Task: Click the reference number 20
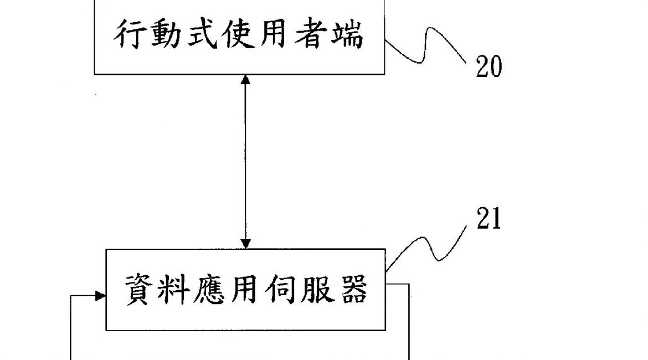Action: point(488,68)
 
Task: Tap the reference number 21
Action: point(488,219)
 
